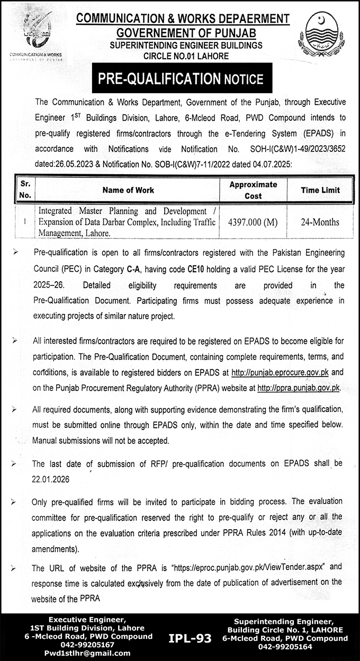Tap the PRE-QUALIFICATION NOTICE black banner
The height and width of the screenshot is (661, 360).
180,79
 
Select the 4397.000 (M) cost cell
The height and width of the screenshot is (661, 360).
253,222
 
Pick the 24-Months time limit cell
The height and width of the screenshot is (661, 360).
320,222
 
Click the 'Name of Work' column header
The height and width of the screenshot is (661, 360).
129,190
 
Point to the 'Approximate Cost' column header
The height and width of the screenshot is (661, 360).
253,190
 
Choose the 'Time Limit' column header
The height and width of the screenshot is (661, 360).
320,190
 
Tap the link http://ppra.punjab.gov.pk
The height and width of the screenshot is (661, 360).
299,388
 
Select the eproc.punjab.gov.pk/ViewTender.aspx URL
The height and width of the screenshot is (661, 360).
239,568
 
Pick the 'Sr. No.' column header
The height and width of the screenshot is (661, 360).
26,190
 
